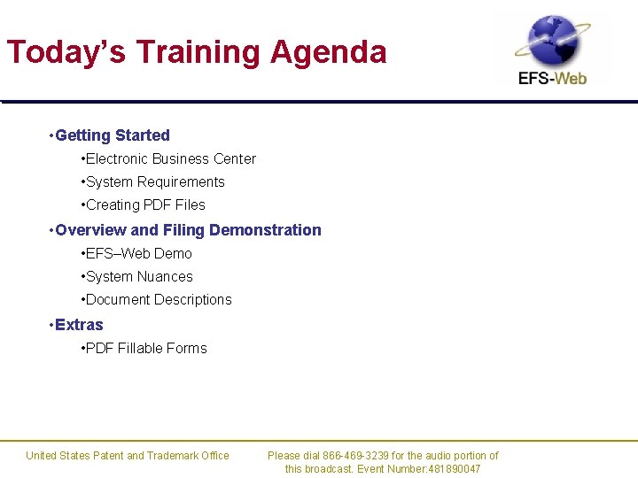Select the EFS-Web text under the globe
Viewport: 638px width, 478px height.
pyautogui.click(x=553, y=78)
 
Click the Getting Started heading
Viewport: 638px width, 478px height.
pyautogui.click(x=112, y=135)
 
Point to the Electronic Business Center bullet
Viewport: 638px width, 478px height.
pyautogui.click(x=170, y=159)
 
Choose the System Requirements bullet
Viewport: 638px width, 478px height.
pyautogui.click(x=155, y=182)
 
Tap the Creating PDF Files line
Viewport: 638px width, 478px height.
pyautogui.click(x=145, y=205)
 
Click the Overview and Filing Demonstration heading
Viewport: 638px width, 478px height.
pyautogui.click(x=188, y=230)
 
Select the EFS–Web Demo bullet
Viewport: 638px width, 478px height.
pyautogui.click(x=138, y=254)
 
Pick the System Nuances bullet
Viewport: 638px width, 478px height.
pyautogui.click(x=139, y=277)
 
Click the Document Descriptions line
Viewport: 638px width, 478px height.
pyautogui.click(x=159, y=300)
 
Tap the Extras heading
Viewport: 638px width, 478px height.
pyautogui.click(x=79, y=325)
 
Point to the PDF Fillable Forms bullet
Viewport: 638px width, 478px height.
pyautogui.click(x=146, y=349)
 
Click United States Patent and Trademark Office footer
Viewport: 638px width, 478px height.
pyautogui.click(x=128, y=456)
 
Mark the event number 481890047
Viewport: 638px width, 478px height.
pyautogui.click(x=453, y=469)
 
